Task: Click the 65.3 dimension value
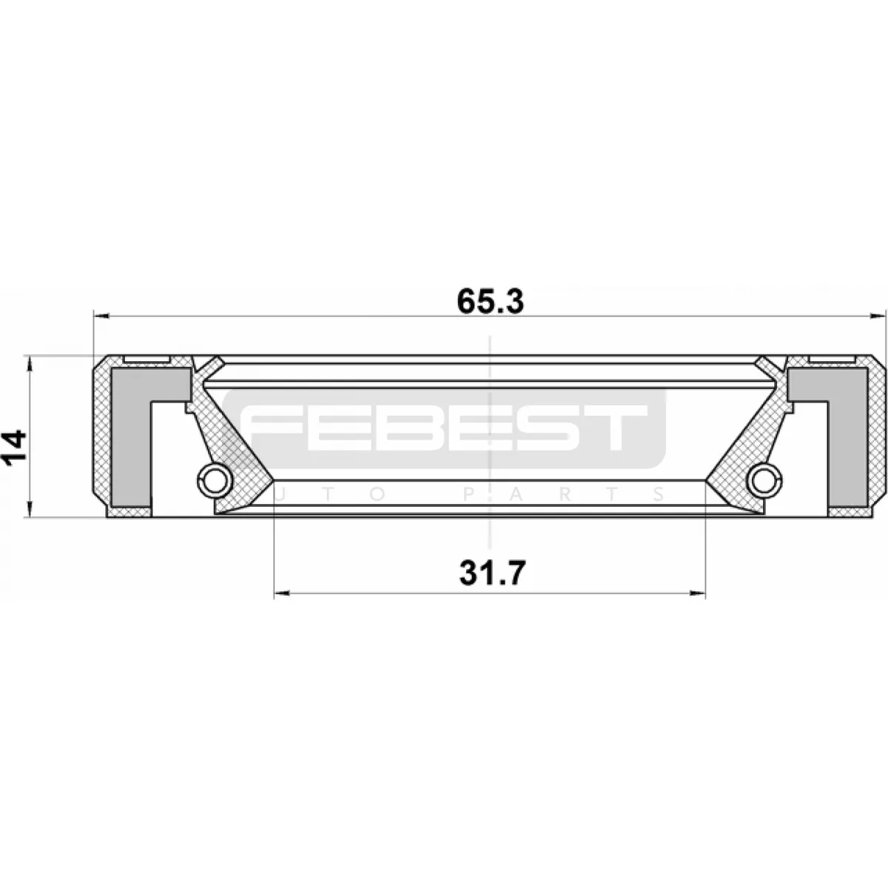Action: pos(491,302)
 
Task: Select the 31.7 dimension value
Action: pos(492,573)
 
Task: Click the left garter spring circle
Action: pos(215,481)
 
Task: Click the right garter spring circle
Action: pos(765,481)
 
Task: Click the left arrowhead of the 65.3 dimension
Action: pos(101,316)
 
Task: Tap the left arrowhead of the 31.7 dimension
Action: pos(282,593)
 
